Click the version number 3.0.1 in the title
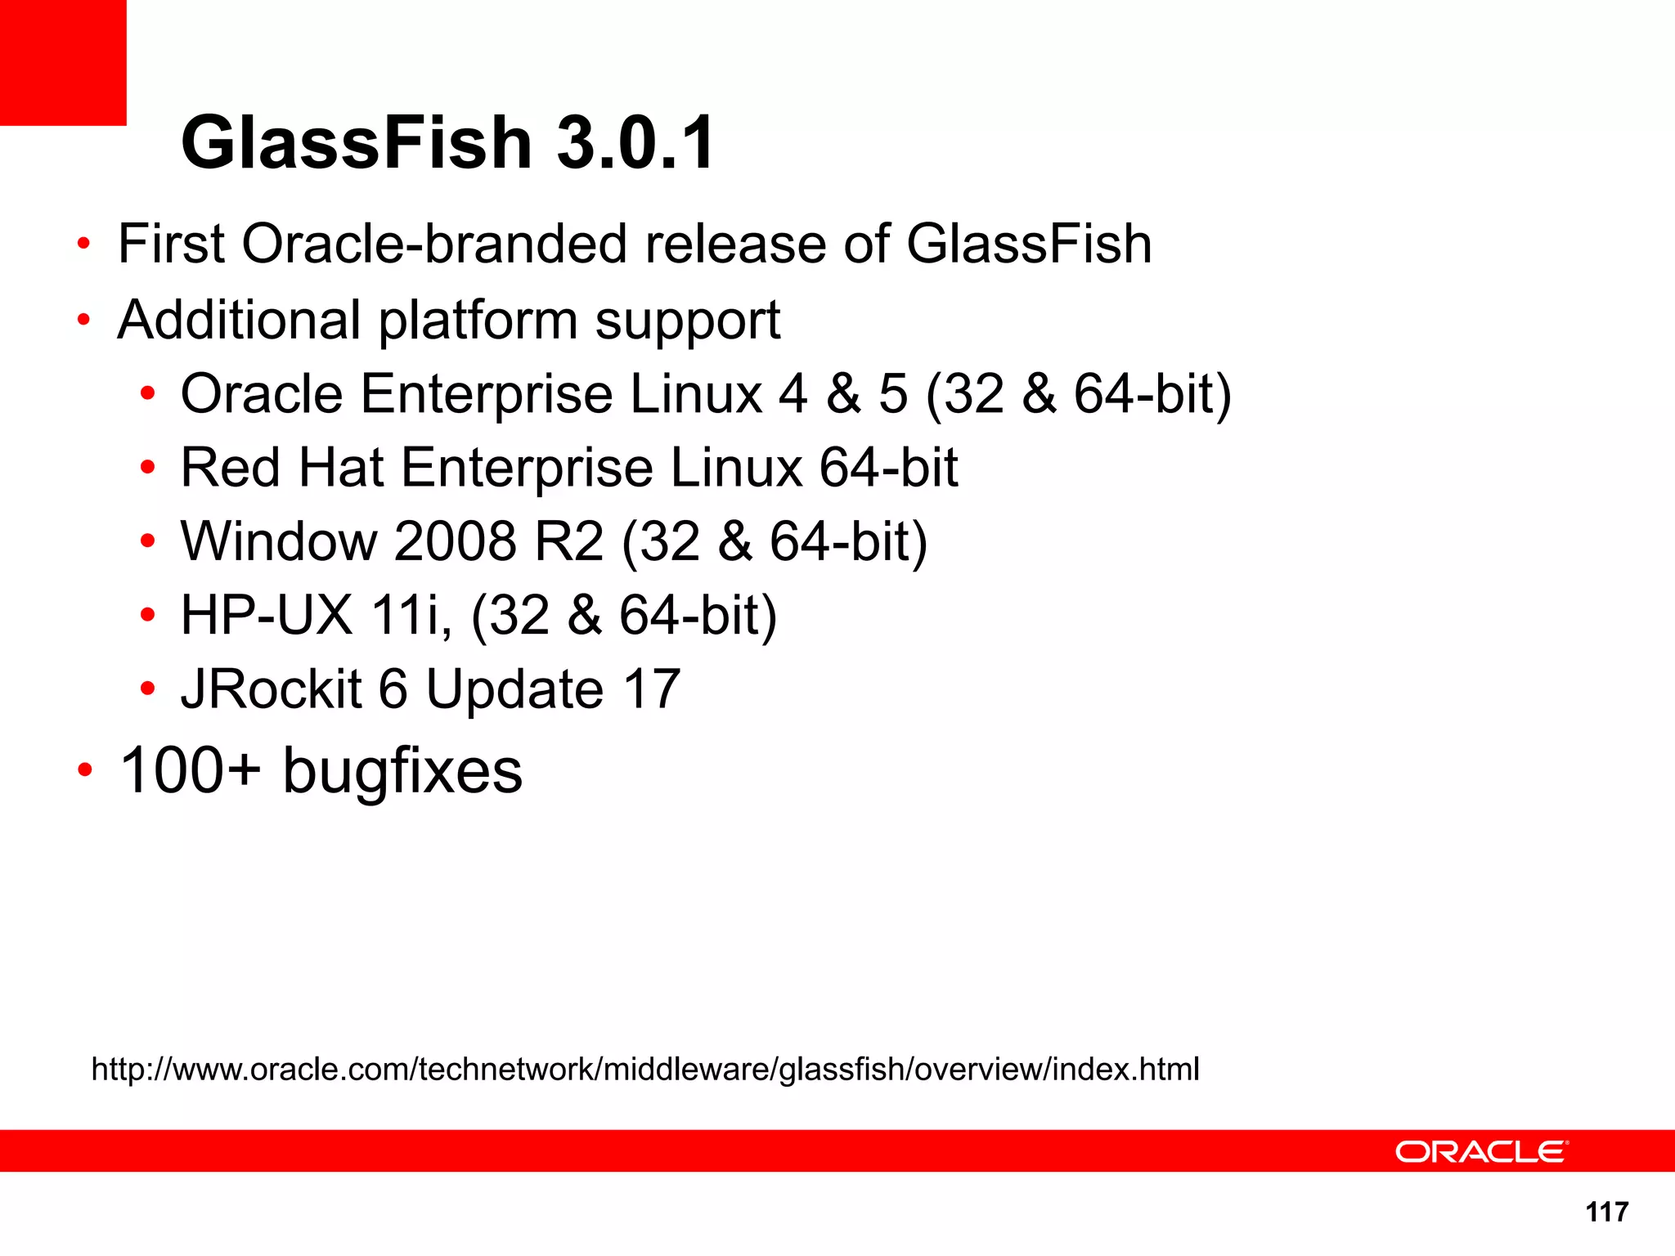[635, 143]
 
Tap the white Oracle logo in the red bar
[1481, 1151]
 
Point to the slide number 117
[1606, 1212]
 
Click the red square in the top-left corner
[63, 62]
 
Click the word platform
[478, 321]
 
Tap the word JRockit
[271, 689]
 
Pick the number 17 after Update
[651, 689]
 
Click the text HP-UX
[267, 615]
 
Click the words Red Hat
[282, 468]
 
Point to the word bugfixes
[402, 772]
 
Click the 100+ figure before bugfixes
[191, 770]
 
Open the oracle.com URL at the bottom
[645, 1069]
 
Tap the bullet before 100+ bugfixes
[85, 770]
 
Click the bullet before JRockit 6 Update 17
[147, 689]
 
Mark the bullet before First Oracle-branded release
[83, 244]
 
